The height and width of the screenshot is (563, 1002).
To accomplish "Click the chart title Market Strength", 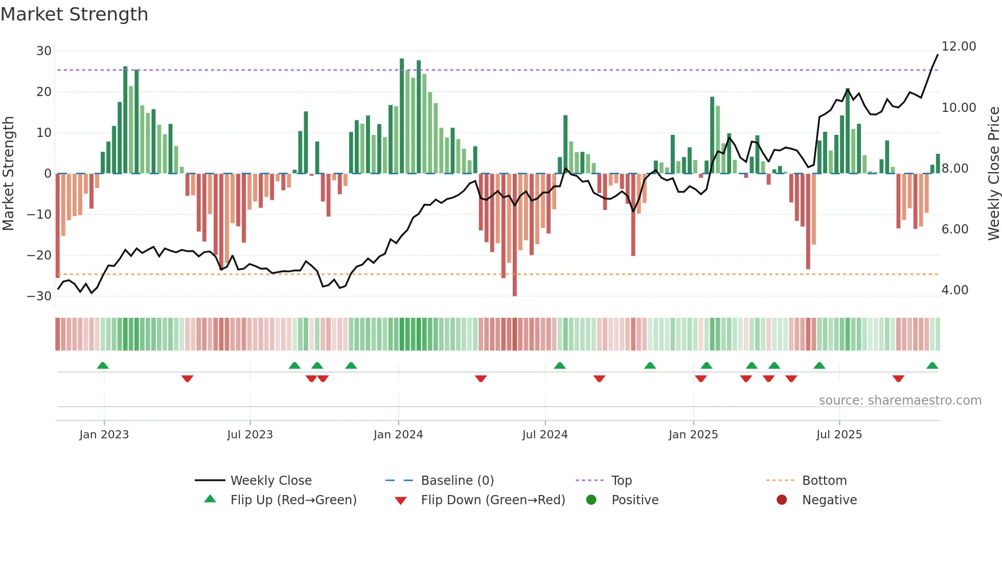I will point(74,14).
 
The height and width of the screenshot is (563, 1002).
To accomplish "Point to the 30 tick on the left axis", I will point(44,51).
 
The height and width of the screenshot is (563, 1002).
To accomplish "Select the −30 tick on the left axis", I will point(39,296).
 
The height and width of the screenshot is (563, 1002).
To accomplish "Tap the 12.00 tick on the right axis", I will point(959,46).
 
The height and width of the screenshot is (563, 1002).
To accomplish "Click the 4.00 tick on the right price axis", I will point(954,290).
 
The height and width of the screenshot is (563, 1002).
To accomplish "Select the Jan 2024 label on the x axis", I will point(398,435).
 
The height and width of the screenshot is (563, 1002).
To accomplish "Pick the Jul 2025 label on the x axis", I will point(839,435).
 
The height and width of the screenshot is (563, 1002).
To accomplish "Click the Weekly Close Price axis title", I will point(993,174).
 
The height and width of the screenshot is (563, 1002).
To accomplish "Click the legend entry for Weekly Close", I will point(270,481).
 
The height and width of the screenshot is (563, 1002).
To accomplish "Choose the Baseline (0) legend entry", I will point(457,481).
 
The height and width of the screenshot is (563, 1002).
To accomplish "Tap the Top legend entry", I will point(621,481).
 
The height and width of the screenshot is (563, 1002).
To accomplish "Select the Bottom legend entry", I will point(824,481).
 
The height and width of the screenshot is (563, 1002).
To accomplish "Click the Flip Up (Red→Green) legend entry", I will point(293,500).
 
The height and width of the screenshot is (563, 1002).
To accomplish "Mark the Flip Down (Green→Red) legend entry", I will point(493,500).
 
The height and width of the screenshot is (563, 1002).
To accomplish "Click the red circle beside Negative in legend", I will point(782,500).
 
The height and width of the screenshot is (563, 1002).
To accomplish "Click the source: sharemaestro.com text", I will point(900,401).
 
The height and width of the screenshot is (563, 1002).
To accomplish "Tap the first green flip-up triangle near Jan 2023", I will point(103,365).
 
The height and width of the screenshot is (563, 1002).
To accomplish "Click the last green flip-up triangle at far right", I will point(932,365).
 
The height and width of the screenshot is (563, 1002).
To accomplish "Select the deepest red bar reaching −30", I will point(515,235).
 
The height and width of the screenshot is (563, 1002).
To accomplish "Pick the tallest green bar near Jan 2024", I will point(402,116).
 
